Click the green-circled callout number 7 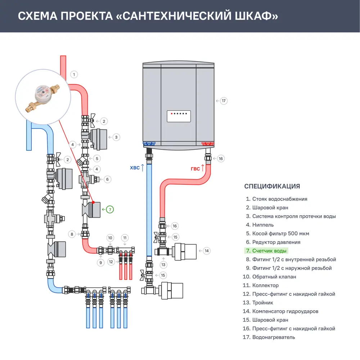[110, 209]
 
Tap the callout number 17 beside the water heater [224, 101]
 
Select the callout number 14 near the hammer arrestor [206, 251]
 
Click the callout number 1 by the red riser [74, 75]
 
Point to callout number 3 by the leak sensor [116, 137]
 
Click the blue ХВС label [134, 168]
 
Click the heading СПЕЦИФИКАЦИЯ [272, 186]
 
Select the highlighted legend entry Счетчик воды [269, 251]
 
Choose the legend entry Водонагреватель [273, 337]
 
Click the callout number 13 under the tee [164, 265]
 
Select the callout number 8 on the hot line [72, 234]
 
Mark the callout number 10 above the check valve [111, 238]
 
